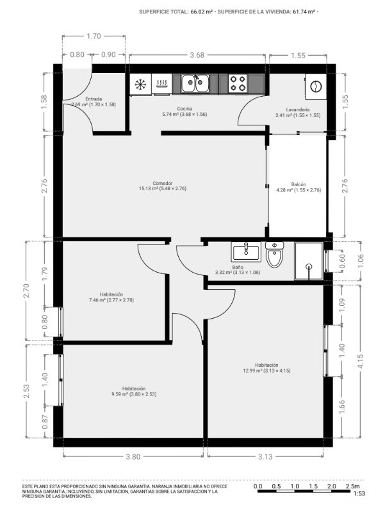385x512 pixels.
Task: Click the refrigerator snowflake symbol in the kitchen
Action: click(140, 84)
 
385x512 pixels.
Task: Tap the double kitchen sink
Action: click(195, 84)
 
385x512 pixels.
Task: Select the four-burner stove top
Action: click(238, 83)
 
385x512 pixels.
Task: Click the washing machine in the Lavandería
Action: click(316, 86)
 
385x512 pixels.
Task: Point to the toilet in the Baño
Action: click(275, 255)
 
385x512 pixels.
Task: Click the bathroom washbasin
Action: click(246, 252)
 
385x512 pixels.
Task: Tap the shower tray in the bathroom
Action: click(309, 261)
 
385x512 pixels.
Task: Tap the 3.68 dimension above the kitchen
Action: click(197, 55)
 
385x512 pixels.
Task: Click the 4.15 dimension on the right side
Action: click(361, 362)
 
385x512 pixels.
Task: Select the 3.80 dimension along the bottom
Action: click(133, 456)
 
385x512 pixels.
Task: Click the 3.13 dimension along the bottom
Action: click(265, 456)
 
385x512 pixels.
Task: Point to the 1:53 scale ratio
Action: click(359, 493)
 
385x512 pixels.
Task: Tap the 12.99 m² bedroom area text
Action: click(252, 371)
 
